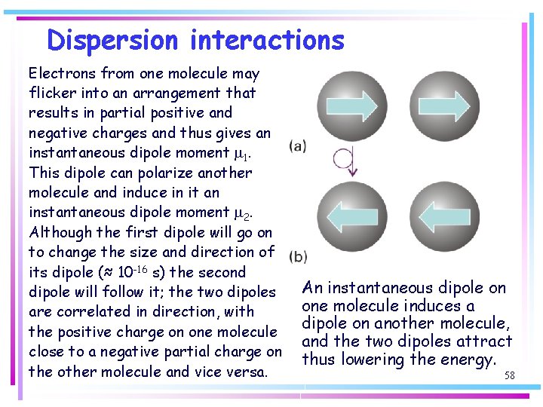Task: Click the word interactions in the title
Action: [267, 40]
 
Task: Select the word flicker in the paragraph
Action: [51, 93]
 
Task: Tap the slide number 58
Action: [509, 375]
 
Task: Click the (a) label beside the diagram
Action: [297, 147]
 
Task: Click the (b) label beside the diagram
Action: [297, 256]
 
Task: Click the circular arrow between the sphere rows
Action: [345, 160]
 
